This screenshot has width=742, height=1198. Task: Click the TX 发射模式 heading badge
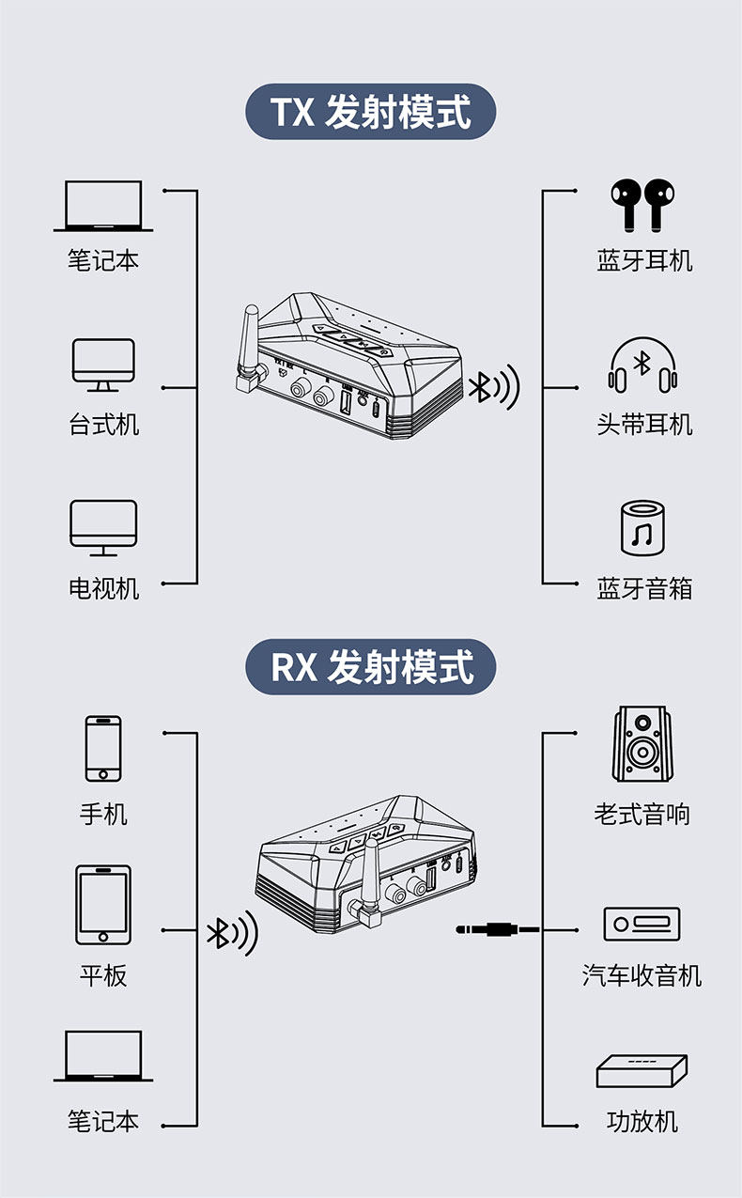click(x=370, y=113)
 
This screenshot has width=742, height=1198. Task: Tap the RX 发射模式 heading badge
click(x=370, y=668)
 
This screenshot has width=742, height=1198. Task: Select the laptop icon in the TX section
click(x=103, y=207)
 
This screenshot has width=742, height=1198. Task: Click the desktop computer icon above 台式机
click(x=103, y=365)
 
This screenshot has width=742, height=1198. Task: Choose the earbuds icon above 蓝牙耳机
click(x=643, y=205)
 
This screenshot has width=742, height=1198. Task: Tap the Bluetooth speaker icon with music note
click(x=643, y=528)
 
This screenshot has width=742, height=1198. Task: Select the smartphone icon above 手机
click(x=103, y=748)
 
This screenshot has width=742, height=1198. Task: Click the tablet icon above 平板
click(x=103, y=905)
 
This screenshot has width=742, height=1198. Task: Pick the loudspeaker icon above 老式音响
click(x=643, y=743)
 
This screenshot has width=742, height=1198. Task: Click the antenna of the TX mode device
click(x=250, y=348)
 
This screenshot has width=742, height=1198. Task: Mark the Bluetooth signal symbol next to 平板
click(x=231, y=933)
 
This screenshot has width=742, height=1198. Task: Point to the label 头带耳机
click(x=644, y=425)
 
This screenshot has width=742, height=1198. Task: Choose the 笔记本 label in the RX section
click(x=103, y=1121)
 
